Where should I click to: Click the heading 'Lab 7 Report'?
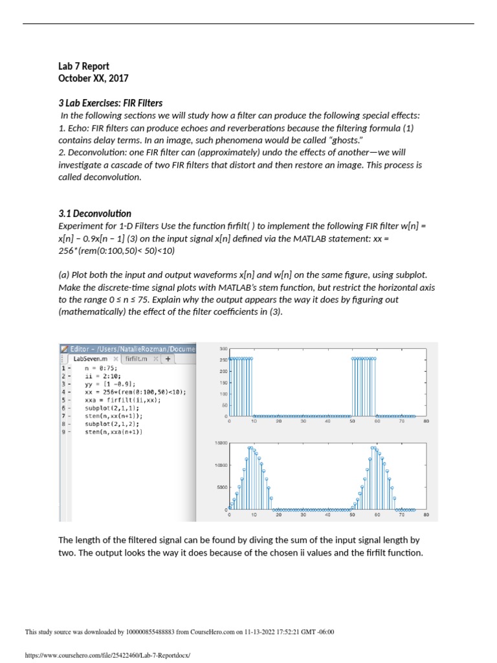click(83, 66)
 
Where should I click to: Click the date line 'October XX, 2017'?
click(93, 78)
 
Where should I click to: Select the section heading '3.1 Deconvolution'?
click(94, 213)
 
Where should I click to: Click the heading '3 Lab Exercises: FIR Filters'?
click(110, 103)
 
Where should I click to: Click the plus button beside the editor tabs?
click(168, 358)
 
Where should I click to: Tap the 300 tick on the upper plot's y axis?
click(223, 348)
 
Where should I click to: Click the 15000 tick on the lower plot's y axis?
click(221, 443)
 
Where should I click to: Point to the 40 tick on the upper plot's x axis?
click(327, 421)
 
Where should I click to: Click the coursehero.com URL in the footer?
click(107, 655)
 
